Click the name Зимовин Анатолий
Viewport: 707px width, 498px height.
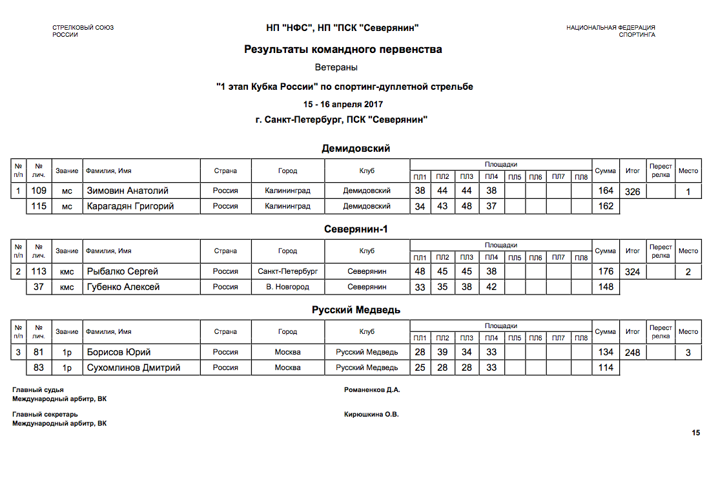[x=127, y=191]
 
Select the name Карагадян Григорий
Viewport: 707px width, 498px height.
[x=130, y=206]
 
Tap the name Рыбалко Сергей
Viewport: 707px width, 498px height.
[x=123, y=271]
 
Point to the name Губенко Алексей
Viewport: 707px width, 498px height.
[x=123, y=287]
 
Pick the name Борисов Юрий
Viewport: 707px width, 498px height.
[x=119, y=352]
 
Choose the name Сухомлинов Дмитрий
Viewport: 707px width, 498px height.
[x=133, y=368]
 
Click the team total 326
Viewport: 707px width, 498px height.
[x=633, y=192]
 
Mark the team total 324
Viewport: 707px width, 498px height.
[x=633, y=272]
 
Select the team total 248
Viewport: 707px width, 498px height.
[x=633, y=353]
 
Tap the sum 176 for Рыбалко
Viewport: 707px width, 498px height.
[x=606, y=271]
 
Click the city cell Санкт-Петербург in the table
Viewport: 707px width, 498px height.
[x=287, y=271]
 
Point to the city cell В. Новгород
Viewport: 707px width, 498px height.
[x=287, y=287]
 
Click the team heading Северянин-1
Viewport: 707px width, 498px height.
[x=356, y=229]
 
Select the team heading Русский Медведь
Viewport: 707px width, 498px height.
[x=356, y=310]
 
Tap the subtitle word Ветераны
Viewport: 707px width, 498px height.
[x=336, y=67]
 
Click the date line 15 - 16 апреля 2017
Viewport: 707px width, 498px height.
[x=343, y=104]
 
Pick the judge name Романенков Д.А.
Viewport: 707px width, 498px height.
[x=373, y=390]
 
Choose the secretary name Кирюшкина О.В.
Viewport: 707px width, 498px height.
[x=372, y=415]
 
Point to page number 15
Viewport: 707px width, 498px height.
[x=696, y=433]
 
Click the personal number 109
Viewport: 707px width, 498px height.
[x=39, y=191]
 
